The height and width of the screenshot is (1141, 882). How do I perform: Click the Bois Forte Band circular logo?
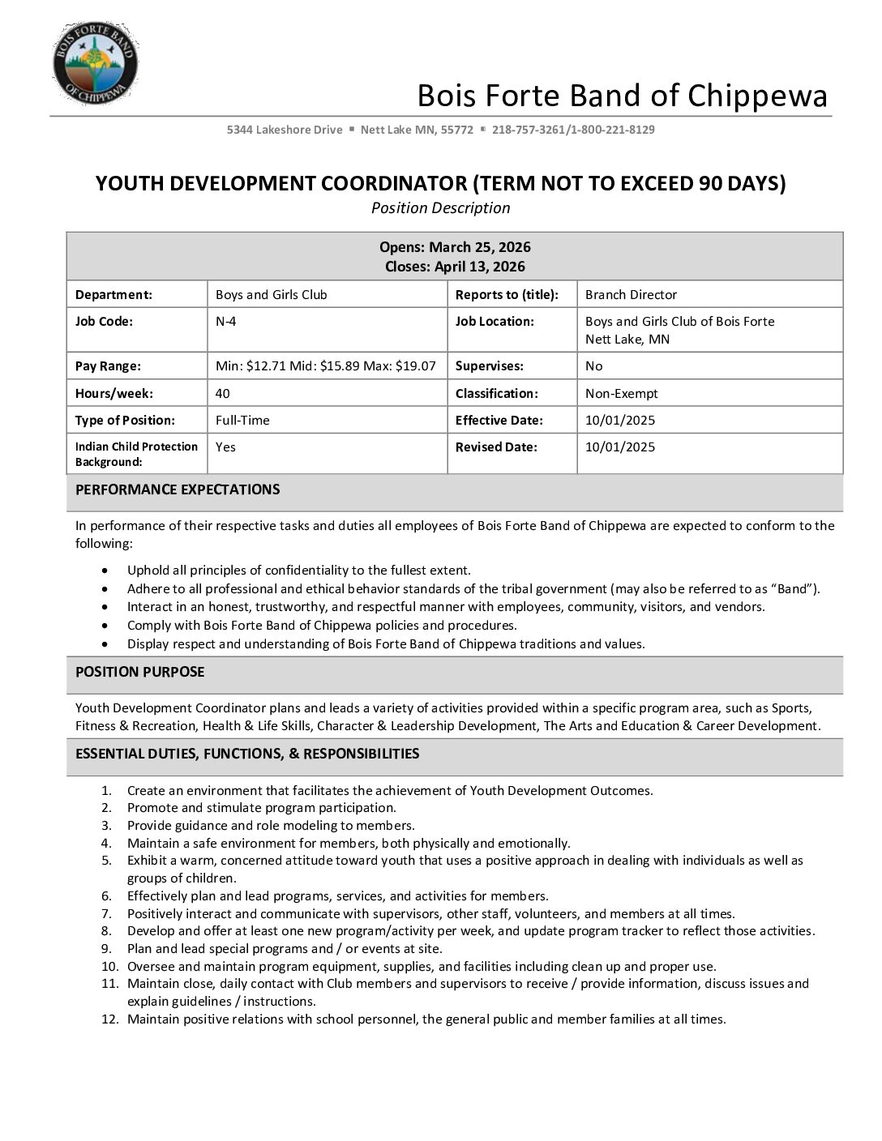95,63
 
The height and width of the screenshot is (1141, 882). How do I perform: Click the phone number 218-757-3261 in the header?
528,130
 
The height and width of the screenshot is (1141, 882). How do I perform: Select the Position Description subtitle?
440,208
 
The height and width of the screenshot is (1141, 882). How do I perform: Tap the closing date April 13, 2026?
479,267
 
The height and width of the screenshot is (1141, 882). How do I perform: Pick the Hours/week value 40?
222,394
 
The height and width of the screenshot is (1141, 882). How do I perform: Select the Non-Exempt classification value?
621,394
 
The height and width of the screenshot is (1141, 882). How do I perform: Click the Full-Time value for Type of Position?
242,421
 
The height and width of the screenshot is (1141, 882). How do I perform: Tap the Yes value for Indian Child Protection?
225,447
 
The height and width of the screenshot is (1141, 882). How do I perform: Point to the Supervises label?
489,366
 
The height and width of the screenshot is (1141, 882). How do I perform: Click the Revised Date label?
495,447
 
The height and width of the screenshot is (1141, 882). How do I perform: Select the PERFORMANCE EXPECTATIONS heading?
178,489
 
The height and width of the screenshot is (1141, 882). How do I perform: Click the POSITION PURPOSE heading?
139,672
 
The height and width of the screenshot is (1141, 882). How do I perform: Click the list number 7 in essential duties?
107,913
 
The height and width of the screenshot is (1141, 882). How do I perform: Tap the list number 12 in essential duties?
110,1019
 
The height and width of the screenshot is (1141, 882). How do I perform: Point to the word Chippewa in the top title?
757,96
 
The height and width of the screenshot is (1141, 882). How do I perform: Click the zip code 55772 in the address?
457,130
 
